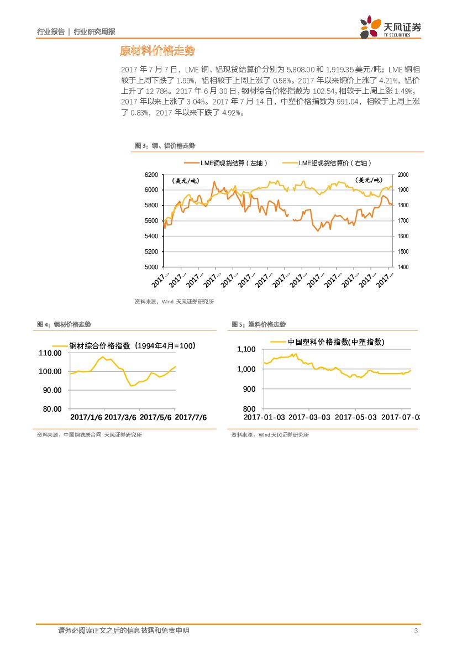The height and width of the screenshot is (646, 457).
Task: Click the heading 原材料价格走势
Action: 157,51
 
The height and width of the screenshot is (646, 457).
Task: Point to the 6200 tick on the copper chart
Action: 151,175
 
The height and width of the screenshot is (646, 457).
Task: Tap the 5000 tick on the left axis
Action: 151,267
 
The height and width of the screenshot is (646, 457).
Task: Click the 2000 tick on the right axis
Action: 403,175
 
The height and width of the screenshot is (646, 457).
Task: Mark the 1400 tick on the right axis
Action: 403,267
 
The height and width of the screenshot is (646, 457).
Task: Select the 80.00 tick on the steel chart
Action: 51,409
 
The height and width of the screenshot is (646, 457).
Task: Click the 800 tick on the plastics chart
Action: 250,409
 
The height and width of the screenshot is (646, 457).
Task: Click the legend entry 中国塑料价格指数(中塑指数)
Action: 336,342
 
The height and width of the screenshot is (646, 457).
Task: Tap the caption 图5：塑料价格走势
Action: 259,324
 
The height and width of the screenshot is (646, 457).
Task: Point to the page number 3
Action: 415,631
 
